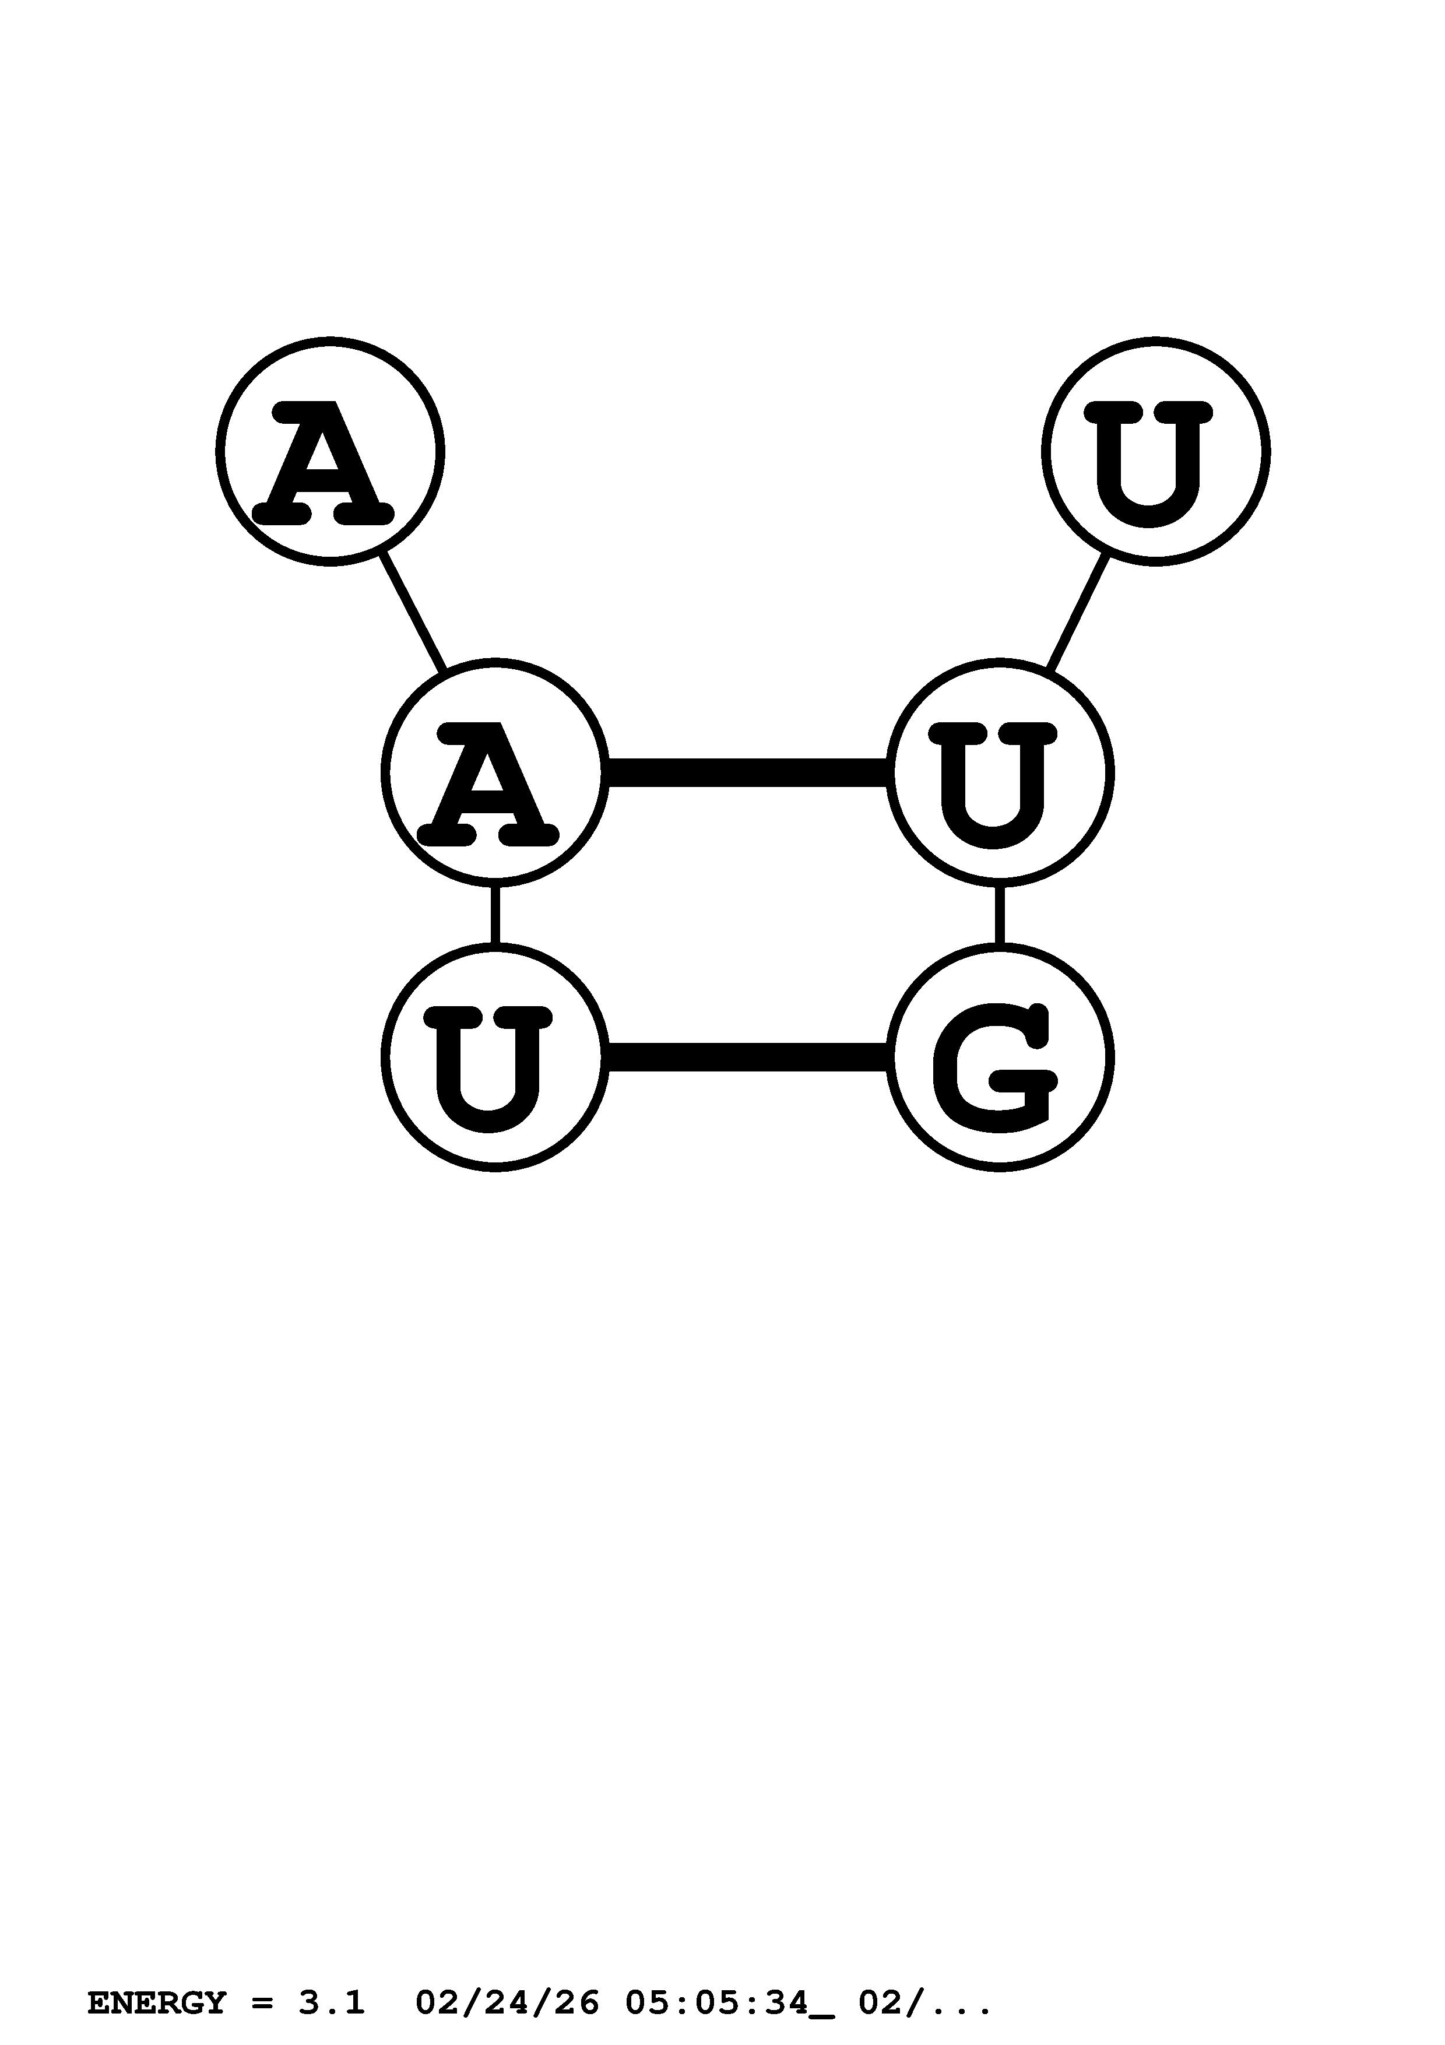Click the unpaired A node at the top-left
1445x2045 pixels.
(329, 452)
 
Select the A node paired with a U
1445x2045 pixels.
(495, 772)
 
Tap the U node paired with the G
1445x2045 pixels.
(495, 1057)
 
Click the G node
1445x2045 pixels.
(999, 1057)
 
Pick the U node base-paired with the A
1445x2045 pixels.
(999, 772)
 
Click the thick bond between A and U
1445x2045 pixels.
(747, 772)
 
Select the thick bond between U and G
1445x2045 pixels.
(747, 1057)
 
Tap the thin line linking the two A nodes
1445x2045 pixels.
(412, 612)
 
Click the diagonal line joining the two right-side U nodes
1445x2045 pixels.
(1077, 612)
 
